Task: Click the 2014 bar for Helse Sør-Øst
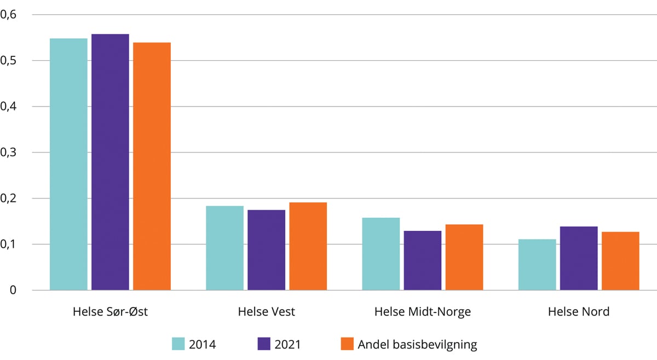pyautogui.click(x=68, y=164)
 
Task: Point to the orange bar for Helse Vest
pyautogui.click(x=308, y=246)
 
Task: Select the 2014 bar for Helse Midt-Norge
pyautogui.click(x=381, y=254)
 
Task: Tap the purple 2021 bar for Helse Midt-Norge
pyautogui.click(x=423, y=260)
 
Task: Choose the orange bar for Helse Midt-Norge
pyautogui.click(x=464, y=257)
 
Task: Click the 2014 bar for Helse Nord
pyautogui.click(x=537, y=265)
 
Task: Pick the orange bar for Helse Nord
pyautogui.click(x=620, y=261)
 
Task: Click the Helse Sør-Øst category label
pyautogui.click(x=110, y=312)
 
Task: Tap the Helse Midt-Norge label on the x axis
pyautogui.click(x=422, y=312)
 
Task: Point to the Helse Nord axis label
pyautogui.click(x=579, y=312)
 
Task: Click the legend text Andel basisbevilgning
pyautogui.click(x=417, y=345)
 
